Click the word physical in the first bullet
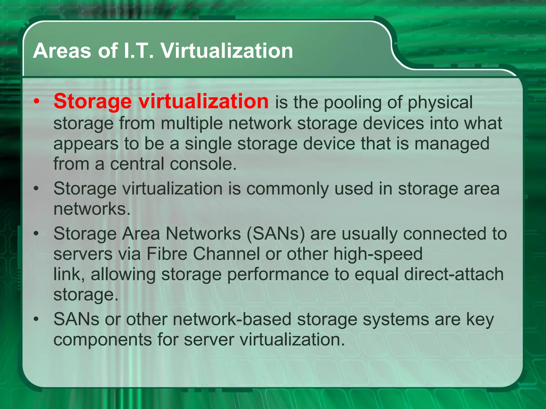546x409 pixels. [x=440, y=103]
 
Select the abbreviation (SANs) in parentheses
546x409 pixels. [x=275, y=234]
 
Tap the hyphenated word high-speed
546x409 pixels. [x=378, y=254]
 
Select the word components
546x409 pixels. [x=103, y=340]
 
